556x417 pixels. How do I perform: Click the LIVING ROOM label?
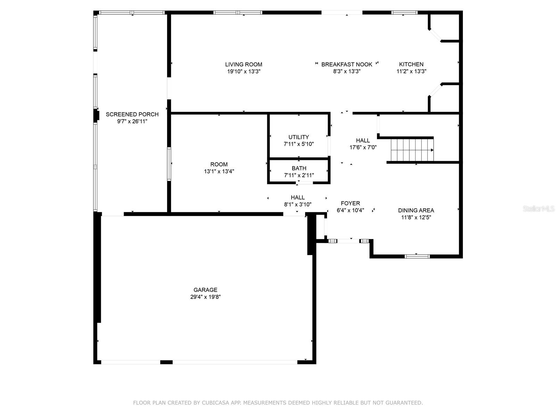(244, 64)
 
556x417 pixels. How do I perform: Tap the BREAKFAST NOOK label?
(346, 64)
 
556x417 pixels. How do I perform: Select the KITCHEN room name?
(411, 64)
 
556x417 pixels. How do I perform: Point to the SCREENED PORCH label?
(132, 114)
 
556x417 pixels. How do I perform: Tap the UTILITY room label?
(299, 137)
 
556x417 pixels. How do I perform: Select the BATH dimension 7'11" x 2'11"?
(299, 175)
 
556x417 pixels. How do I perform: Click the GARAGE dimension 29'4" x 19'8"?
(205, 297)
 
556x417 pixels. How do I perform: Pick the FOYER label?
(350, 203)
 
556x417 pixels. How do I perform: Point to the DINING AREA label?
(416, 210)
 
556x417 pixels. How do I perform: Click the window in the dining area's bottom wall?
(417, 256)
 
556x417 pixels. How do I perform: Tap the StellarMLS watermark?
(539, 209)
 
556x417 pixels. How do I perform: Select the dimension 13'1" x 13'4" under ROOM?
(219, 171)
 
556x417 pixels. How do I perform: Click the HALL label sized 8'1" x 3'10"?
(298, 197)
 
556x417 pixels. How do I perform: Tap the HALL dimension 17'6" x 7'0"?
(363, 147)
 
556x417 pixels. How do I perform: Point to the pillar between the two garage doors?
(166, 362)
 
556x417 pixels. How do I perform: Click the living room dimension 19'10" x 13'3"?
(244, 71)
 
